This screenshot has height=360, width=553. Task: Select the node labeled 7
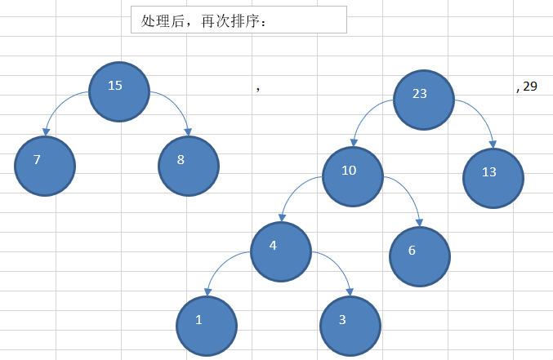coord(45,166)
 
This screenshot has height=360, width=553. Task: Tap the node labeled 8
coord(189,166)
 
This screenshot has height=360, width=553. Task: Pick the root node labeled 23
coord(423,99)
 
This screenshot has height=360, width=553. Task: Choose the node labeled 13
coord(493,178)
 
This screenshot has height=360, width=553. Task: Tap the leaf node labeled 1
coord(207,325)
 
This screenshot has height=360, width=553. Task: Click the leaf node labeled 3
coord(350,325)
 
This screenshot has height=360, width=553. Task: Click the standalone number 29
coord(530,86)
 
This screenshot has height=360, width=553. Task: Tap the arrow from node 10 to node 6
coord(408,193)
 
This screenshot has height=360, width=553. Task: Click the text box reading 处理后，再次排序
coord(239,20)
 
